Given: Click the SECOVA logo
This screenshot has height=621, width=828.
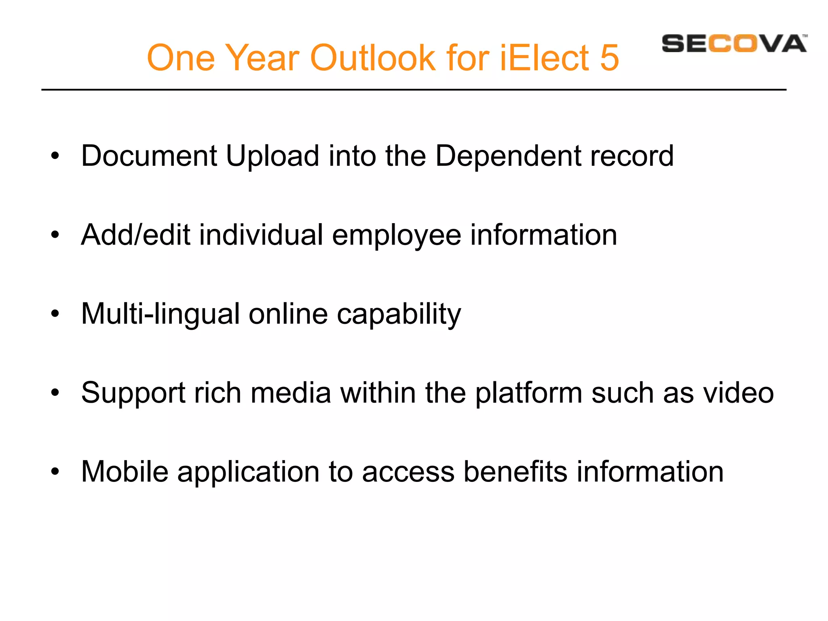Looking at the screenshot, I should point(734,44).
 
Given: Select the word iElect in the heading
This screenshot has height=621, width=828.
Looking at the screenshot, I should point(544,58).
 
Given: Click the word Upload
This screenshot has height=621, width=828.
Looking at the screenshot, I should point(272,156).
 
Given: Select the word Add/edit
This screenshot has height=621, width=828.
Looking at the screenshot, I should point(135,235).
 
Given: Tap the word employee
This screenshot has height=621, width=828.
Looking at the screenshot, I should point(396,236).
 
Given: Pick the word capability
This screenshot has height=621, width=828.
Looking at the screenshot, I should point(399,315).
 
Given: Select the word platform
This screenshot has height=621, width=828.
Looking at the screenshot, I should point(528,393).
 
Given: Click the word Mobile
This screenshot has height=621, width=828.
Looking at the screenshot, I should point(125,471).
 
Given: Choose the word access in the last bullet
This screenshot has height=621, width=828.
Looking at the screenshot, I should point(408,472).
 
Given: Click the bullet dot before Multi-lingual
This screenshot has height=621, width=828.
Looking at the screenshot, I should point(55,314).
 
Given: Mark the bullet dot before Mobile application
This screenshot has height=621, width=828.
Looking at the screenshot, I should point(55,471).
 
